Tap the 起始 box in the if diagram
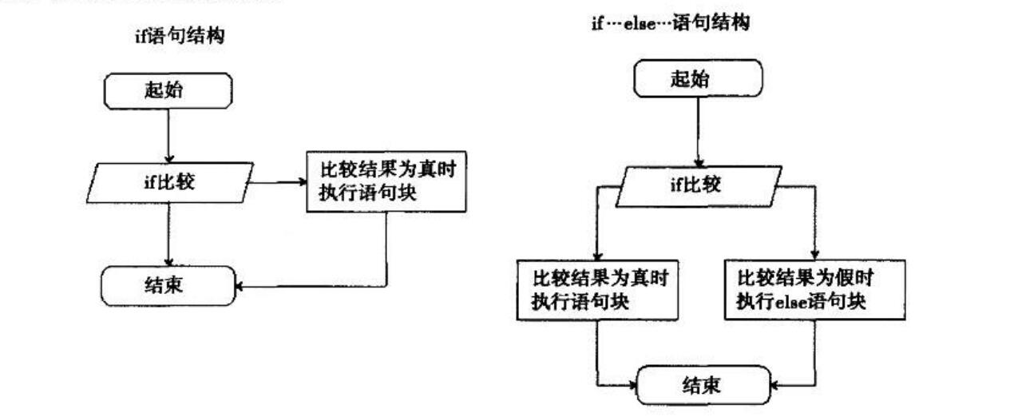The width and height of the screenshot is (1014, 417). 168,90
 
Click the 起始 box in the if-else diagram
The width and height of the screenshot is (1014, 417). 698,78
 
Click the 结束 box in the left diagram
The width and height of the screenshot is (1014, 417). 168,285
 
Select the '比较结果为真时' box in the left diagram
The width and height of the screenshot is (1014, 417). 386,182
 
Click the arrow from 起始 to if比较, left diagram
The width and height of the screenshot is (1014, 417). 168,135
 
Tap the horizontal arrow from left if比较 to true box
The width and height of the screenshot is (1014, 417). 278,182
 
